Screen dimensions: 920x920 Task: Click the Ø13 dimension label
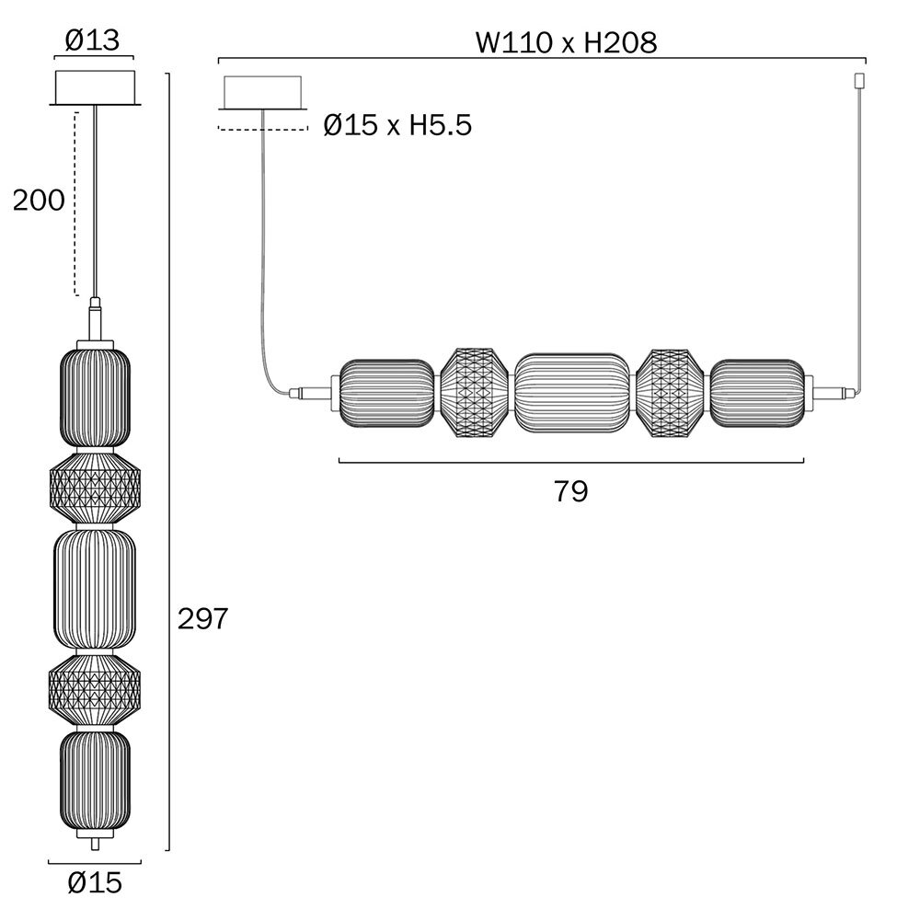92,40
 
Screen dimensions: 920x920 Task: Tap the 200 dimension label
39,201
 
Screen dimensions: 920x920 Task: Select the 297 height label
202,618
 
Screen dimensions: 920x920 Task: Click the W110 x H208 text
566,42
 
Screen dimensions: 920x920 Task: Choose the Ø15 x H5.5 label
397,125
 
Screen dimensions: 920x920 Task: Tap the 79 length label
570,491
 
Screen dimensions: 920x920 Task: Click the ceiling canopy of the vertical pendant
95,88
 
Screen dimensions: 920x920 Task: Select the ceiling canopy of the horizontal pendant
262,93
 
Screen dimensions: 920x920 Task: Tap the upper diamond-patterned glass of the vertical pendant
95,488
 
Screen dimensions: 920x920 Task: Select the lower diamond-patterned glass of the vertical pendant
95,689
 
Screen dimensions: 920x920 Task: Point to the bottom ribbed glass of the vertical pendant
95,779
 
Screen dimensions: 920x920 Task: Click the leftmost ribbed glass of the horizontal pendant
387,393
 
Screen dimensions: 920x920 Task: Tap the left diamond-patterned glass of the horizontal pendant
475,393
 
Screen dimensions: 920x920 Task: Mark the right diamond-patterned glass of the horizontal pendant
670,393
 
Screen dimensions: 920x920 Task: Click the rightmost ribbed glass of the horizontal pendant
757,393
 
